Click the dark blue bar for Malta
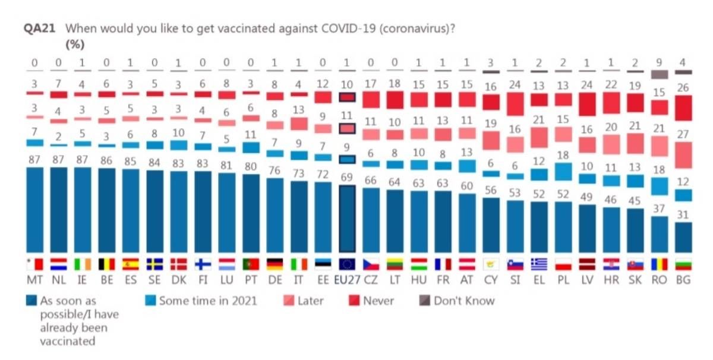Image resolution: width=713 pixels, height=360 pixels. click(x=35, y=209)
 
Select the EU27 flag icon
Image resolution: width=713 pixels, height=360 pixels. click(x=346, y=264)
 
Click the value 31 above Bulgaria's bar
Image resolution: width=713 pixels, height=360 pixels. click(x=683, y=214)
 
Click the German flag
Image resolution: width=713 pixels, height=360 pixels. click(x=275, y=264)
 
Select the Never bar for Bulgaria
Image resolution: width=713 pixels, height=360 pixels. click(x=683, y=108)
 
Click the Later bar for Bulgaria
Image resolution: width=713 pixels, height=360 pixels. click(x=683, y=155)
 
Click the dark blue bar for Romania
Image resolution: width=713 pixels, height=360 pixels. click(x=660, y=234)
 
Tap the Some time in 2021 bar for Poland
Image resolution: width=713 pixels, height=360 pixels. click(x=563, y=171)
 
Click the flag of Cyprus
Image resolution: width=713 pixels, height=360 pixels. click(x=491, y=264)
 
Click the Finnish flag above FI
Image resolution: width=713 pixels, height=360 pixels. click(x=203, y=264)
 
